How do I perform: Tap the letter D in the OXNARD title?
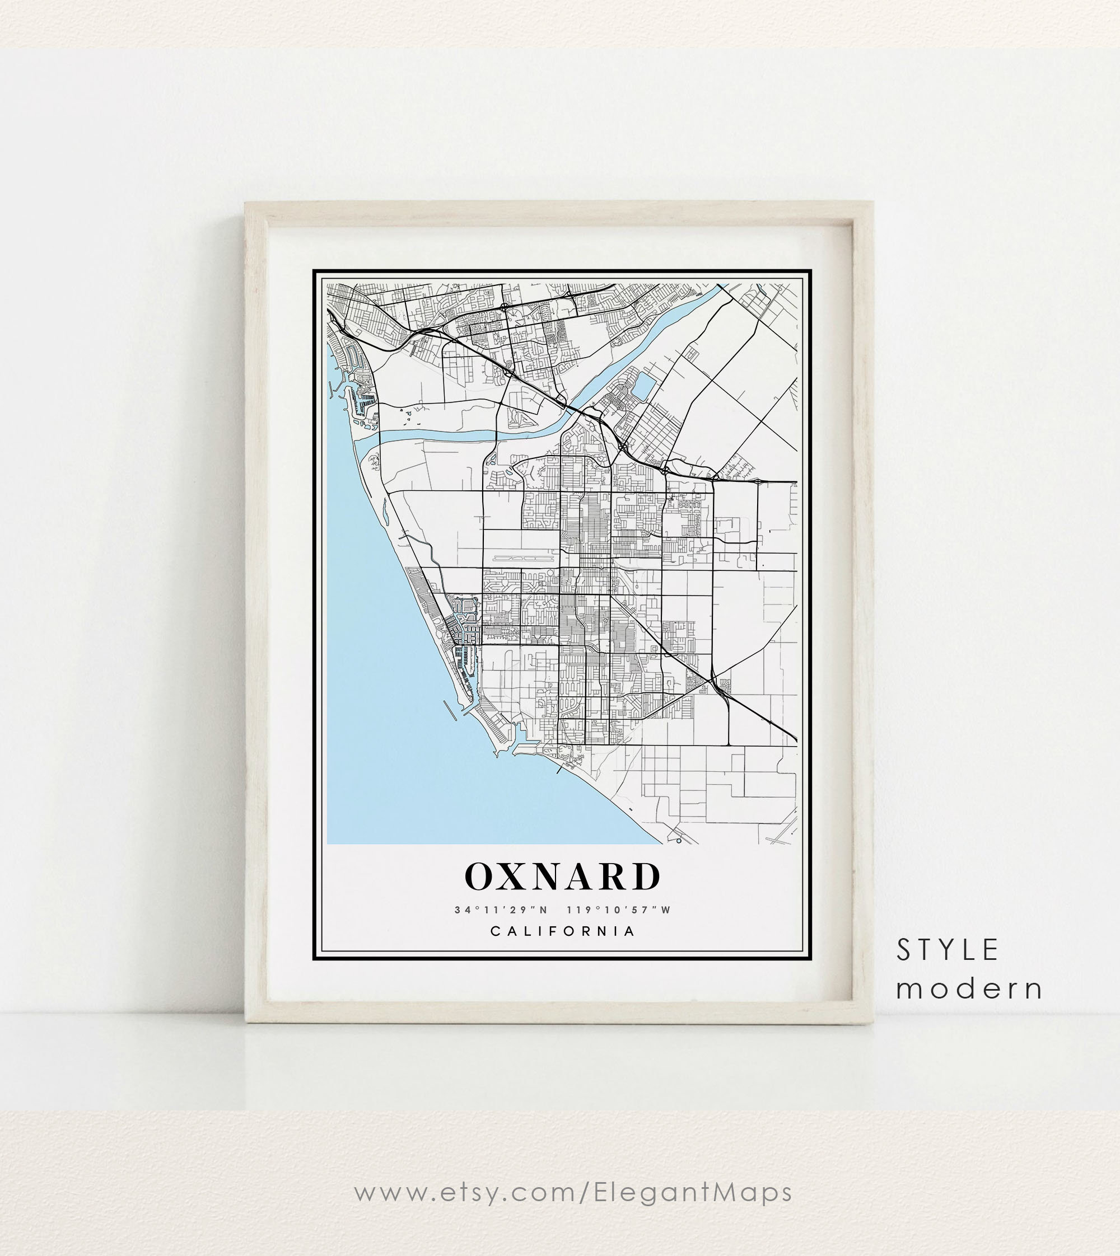click(646, 877)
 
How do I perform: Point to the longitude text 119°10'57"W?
click(618, 910)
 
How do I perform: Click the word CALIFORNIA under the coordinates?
click(562, 931)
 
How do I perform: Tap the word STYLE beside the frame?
click(947, 950)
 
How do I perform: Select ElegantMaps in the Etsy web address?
click(693, 1192)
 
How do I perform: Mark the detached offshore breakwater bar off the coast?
click(451, 710)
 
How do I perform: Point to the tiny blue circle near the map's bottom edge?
click(678, 840)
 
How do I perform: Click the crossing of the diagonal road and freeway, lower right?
click(712, 680)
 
